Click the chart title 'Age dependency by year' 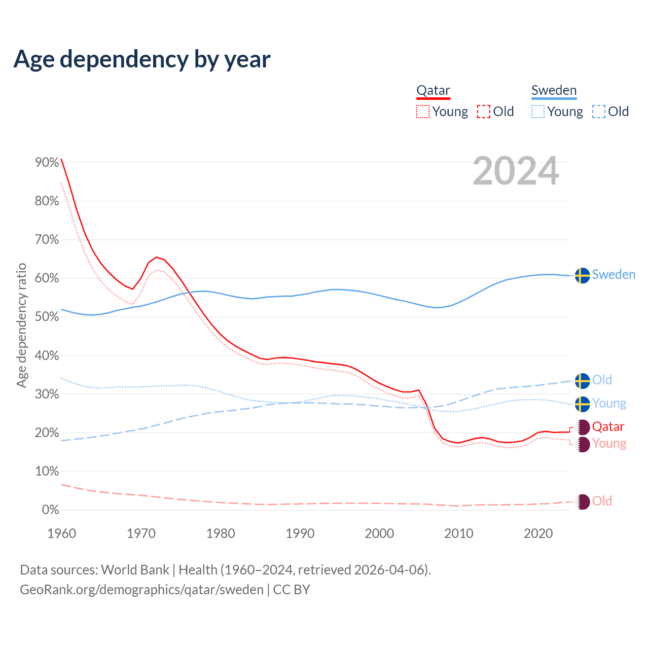point(142,59)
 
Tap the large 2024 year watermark point(516,171)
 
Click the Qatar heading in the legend point(433,91)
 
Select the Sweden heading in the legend point(554,91)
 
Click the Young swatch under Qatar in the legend point(423,112)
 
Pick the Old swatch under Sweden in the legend point(599,112)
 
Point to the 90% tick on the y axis point(47,163)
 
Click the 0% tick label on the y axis point(50,510)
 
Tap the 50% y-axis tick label point(47,317)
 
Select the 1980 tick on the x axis point(221,533)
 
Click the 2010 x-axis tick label point(459,533)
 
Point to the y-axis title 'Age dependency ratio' point(21,325)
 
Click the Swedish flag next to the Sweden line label point(583,275)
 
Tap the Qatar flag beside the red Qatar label point(583,427)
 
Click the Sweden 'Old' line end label point(602,380)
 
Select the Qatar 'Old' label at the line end point(602,501)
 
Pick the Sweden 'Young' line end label point(609,404)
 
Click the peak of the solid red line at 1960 point(61,159)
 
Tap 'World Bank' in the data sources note point(135,570)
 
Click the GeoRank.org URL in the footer point(141,590)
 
